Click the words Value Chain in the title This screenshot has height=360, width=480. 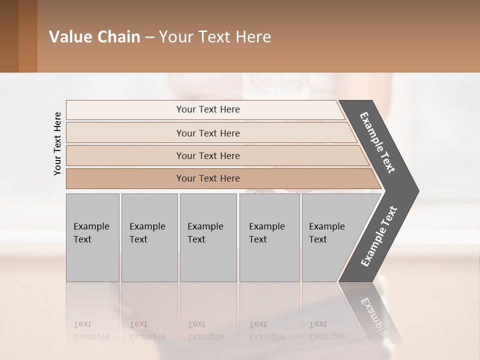click(94, 37)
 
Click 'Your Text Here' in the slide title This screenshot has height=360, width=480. click(215, 37)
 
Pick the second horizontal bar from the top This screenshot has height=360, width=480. click(207, 133)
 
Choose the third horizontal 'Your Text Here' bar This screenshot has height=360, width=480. click(207, 155)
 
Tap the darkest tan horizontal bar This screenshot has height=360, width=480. click(207, 178)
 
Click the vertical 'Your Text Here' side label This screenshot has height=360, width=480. click(57, 143)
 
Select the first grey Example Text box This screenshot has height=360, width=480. click(92, 237)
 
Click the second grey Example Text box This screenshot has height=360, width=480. click(149, 237)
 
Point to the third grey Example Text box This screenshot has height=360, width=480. click(208, 237)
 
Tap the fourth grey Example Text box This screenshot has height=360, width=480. click(269, 237)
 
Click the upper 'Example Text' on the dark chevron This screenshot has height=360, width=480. click(378, 142)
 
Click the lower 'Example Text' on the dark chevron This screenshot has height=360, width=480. click(379, 236)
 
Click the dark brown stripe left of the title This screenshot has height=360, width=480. click(9, 36)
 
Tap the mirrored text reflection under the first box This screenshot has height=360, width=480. click(91, 330)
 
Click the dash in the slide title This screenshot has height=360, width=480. click(149, 37)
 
